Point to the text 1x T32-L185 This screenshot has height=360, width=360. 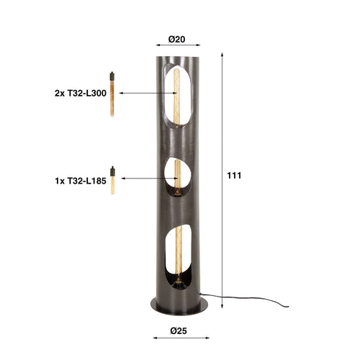[x=80, y=182]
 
